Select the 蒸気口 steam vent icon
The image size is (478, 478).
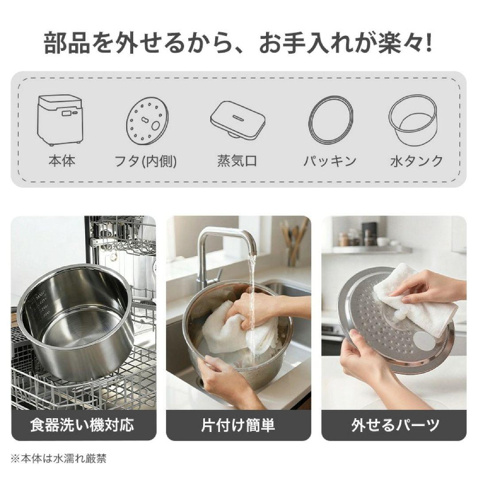pos(237,118)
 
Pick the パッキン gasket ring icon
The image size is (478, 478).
pos(331,120)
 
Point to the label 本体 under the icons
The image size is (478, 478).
pos(62,160)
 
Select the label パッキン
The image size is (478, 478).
pos(330,161)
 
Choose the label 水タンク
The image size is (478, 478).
pos(416,161)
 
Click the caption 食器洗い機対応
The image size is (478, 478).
pos(82,425)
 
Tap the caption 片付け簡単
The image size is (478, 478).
pos(238,425)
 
